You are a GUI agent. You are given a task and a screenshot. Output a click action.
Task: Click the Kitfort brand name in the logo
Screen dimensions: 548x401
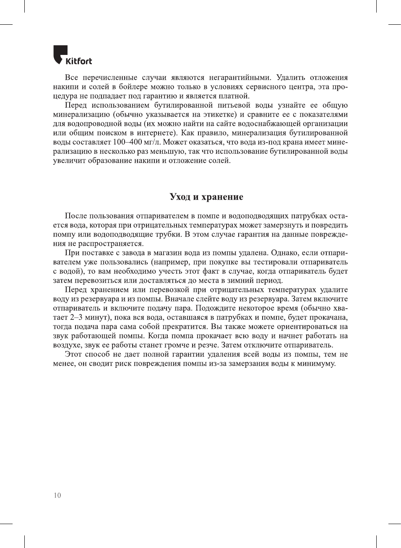[x=78, y=61]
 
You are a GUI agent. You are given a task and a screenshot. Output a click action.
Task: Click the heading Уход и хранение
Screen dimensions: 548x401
[x=206, y=197]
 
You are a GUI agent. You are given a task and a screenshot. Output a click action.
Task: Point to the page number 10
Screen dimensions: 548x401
[x=57, y=495]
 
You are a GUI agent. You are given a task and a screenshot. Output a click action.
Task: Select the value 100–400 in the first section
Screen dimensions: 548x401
[x=127, y=142]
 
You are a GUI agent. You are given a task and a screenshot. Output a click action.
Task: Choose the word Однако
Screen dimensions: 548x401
[x=285, y=253]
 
